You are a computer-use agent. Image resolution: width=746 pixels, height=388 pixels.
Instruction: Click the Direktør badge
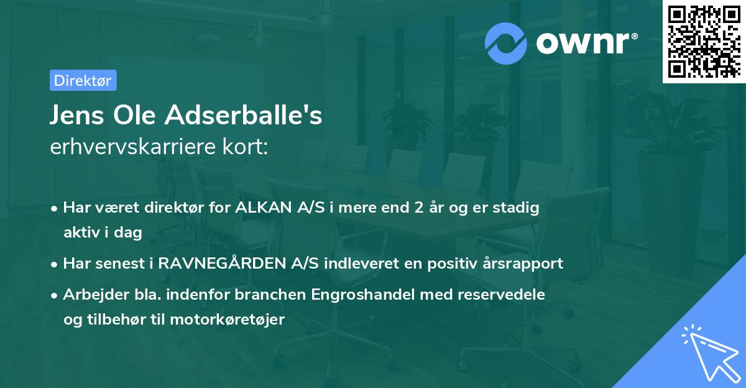click(83, 80)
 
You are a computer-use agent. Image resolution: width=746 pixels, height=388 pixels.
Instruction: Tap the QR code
click(703, 41)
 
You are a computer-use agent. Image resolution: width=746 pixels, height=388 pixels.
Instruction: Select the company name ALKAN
click(262, 208)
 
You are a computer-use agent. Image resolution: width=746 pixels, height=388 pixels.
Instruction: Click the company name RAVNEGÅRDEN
click(223, 263)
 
